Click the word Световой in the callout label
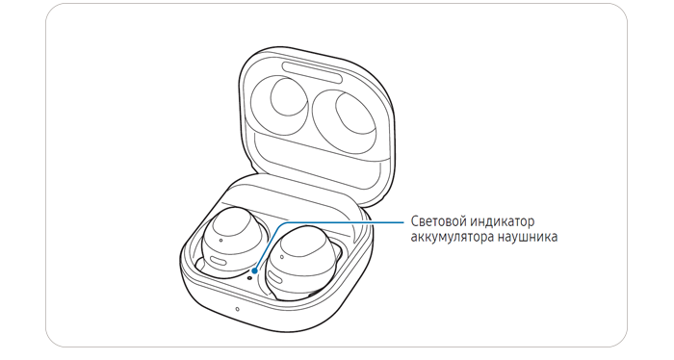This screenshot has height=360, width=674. tap(438, 221)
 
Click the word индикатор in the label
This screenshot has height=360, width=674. tap(502, 221)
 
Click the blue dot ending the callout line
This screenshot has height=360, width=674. tap(255, 270)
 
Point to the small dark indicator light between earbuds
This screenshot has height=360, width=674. tap(249, 277)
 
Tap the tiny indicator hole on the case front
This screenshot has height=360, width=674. tap(237, 308)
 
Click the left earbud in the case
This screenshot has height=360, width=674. tap(229, 244)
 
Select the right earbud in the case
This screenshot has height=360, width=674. tap(300, 262)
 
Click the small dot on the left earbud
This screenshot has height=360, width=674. tap(220, 241)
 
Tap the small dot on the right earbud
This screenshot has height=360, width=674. tap(281, 257)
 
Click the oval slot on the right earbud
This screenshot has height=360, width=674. tap(276, 281)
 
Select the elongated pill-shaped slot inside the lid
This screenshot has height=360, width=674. tap(313, 71)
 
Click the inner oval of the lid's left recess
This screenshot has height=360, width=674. tap(289, 97)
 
